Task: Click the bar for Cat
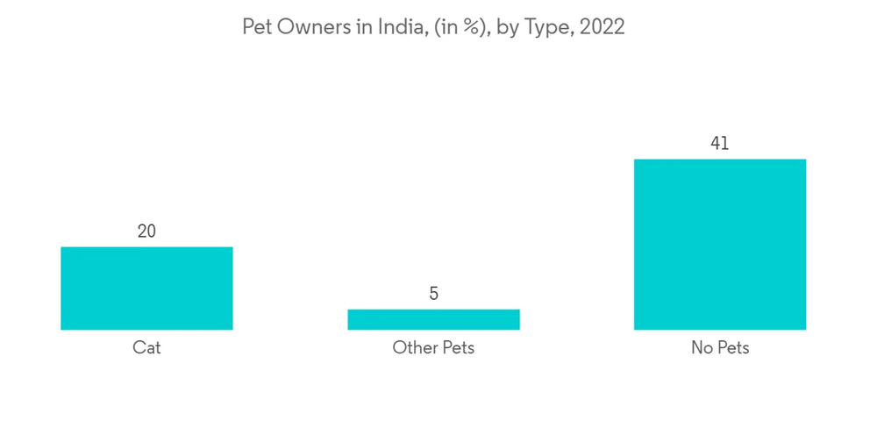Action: pos(146,289)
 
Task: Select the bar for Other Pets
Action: pos(433,319)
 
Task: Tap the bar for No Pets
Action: pos(719,245)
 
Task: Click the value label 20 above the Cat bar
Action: pos(146,232)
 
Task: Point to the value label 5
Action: pos(433,294)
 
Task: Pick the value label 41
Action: pos(719,144)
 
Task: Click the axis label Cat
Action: pos(146,348)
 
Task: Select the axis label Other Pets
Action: pos(433,348)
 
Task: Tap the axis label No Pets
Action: pos(720,348)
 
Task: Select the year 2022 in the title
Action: pos(603,27)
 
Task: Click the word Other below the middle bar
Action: pos(412,348)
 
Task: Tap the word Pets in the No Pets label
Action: pos(732,348)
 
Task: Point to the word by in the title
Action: pos(507,28)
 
